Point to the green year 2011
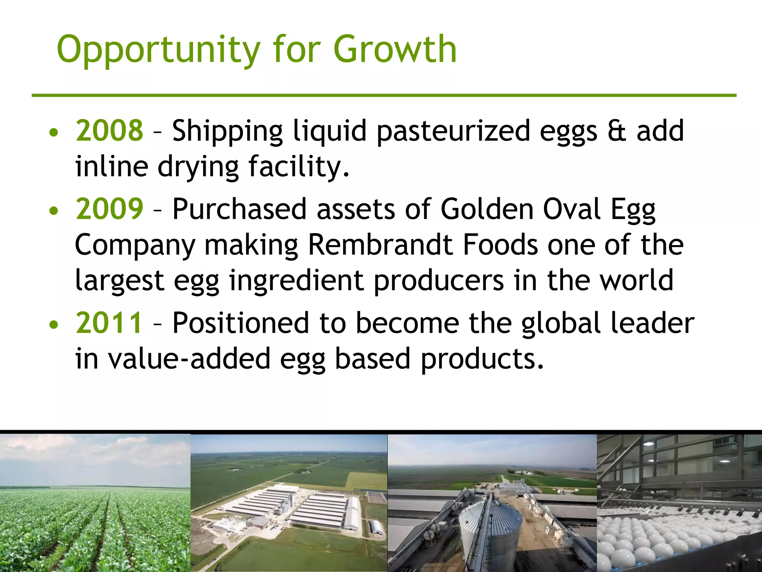coord(109,322)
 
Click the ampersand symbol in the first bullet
coord(617,131)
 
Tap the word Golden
coord(487,209)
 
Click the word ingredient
coord(296,281)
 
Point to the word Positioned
coord(240,322)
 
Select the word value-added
coord(189,358)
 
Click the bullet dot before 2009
coord(54,211)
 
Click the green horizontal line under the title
coord(383,95)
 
